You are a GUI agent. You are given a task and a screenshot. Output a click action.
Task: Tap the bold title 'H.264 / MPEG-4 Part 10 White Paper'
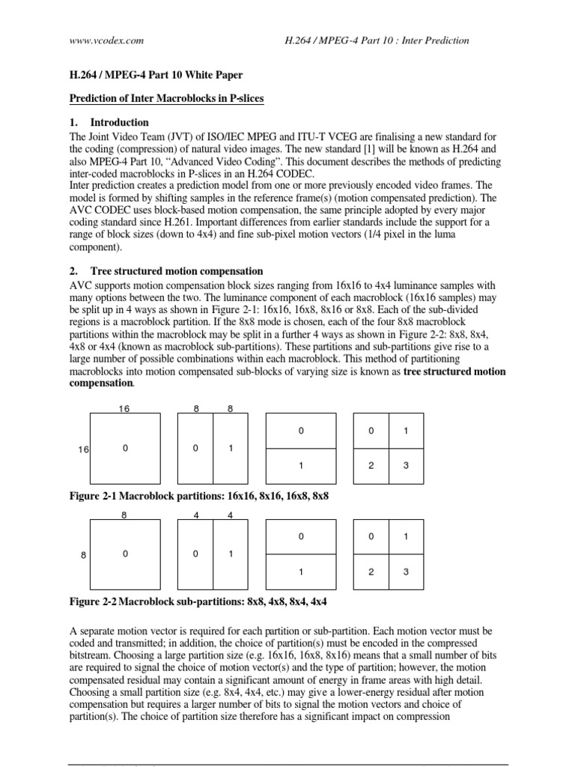click(146, 77)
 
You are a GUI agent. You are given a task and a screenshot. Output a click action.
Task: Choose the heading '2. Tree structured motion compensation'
click(165, 271)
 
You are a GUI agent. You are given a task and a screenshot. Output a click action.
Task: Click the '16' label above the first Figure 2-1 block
click(125, 408)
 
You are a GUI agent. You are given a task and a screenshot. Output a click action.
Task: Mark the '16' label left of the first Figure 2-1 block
click(84, 449)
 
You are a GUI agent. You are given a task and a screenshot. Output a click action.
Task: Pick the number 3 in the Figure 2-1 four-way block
click(406, 466)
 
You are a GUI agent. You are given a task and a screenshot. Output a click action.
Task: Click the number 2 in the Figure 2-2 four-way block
click(371, 572)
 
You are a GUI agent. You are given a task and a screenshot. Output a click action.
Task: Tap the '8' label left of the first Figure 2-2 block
click(84, 555)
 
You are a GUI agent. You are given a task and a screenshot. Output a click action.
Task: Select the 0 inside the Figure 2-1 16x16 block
click(125, 448)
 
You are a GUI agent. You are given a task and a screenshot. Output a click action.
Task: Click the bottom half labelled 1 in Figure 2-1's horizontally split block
click(301, 466)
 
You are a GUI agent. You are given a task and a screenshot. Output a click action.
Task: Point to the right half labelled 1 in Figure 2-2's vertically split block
click(231, 554)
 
